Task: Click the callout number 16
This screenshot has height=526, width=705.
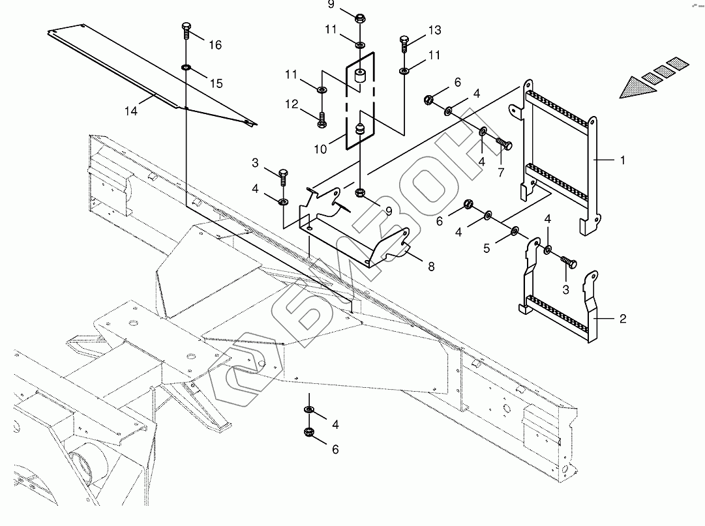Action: (215, 45)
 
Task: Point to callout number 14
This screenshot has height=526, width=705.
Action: (131, 111)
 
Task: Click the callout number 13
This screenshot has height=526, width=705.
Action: (434, 31)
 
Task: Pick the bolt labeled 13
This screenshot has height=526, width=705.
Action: (404, 42)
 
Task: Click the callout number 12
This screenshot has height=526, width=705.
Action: (291, 104)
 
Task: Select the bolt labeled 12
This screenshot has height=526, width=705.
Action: (322, 120)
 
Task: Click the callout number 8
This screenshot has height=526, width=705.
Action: (431, 266)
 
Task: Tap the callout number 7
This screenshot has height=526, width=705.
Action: (501, 173)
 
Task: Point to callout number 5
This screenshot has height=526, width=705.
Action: (486, 248)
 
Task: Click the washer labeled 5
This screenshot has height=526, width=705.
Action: (515, 231)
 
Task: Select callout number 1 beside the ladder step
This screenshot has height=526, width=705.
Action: (622, 160)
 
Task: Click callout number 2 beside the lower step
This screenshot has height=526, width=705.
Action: (622, 319)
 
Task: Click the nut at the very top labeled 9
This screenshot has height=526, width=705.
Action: (360, 18)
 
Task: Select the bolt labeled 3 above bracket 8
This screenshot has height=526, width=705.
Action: (284, 176)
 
